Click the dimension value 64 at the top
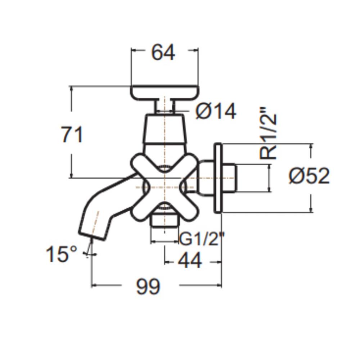[x=163, y=53]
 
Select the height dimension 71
[x=72, y=135]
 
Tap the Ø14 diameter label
[x=216, y=111]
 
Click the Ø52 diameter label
[x=309, y=176]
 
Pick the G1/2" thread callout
[x=202, y=239]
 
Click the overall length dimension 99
[x=148, y=287]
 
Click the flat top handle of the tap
[x=164, y=92]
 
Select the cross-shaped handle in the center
[x=164, y=187]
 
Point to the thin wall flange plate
[x=218, y=178]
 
